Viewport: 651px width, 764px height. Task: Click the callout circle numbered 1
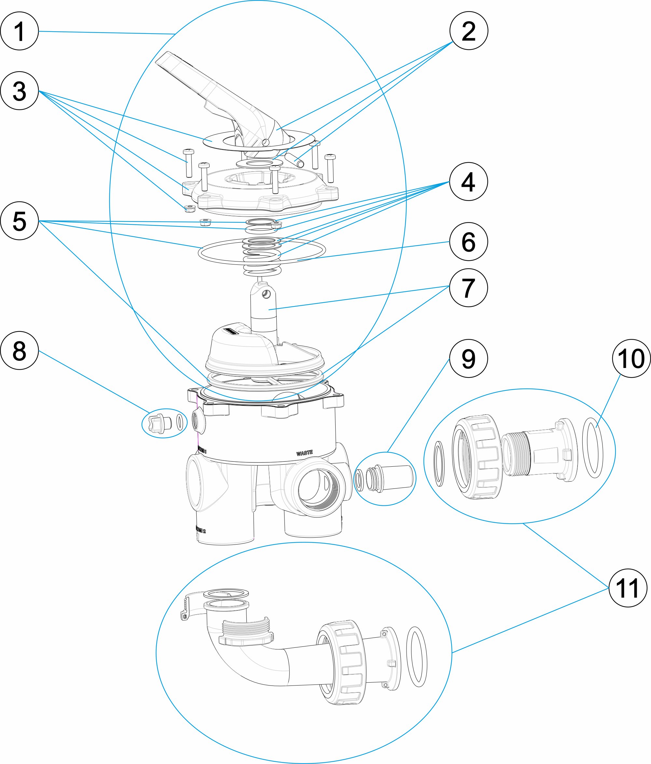point(20,31)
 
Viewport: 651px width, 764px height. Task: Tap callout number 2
point(468,31)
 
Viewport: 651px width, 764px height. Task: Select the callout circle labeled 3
point(20,91)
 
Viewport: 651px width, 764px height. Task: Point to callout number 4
point(468,181)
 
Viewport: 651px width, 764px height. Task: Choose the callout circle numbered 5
point(20,221)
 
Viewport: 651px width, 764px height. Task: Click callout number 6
point(468,242)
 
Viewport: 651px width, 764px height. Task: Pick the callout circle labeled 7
point(468,288)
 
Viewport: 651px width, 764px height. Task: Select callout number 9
point(468,358)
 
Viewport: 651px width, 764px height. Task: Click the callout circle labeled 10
point(631,358)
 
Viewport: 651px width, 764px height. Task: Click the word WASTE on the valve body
point(304,453)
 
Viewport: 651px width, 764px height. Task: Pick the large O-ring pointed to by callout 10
point(592,448)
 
